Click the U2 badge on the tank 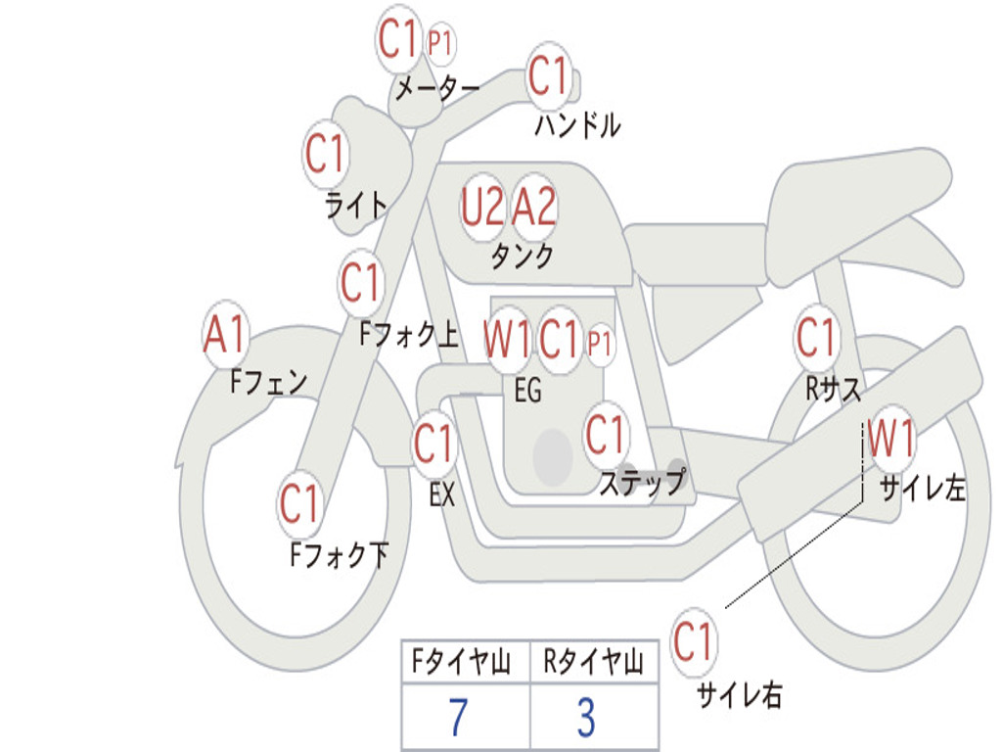pos(482,208)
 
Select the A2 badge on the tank pos(534,208)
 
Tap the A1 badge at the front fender pos(226,335)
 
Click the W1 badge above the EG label pos(508,338)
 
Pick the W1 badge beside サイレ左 pos(890,439)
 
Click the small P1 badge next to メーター pos(440,44)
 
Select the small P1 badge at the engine pos(600,345)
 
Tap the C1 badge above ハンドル pos(549,75)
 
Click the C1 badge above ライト pos(326,154)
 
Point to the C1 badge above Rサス pos(816,337)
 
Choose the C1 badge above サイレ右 pos(694,641)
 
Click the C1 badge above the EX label pos(433,444)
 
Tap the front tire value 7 pos(458,717)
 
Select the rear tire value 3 pos(587,717)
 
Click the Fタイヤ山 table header pos(461,661)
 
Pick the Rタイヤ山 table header pos(593,661)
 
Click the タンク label pos(523,257)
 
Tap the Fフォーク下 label pos(340,554)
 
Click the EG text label pos(527,390)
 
